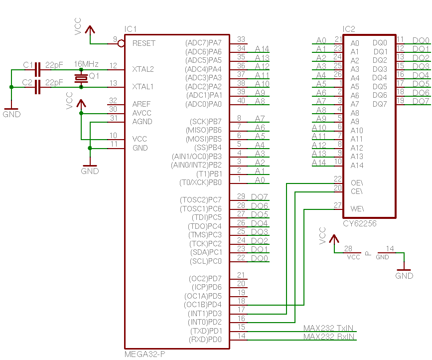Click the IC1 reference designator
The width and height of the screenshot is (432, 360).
[131, 29]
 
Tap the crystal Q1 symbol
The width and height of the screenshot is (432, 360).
[81, 78]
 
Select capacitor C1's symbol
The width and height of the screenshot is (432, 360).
[38, 69]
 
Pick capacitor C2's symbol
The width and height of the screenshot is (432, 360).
[38, 87]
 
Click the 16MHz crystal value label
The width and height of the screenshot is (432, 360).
[86, 64]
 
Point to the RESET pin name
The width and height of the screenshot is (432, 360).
[144, 43]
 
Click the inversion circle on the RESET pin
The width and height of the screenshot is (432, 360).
[121, 43]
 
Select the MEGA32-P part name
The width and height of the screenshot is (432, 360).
[145, 354]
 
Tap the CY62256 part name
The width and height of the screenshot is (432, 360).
[360, 223]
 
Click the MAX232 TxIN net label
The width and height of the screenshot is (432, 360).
[328, 328]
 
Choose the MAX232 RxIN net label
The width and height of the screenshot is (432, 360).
[329, 337]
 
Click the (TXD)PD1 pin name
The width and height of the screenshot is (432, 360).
[206, 331]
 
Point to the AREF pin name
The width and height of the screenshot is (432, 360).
[142, 104]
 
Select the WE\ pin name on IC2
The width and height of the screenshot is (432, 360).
[357, 208]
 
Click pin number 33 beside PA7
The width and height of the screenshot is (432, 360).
[241, 39]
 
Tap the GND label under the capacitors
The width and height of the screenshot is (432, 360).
[11, 114]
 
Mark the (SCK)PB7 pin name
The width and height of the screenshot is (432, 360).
[205, 122]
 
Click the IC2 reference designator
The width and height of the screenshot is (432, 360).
[349, 29]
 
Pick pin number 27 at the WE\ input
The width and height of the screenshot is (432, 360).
[338, 205]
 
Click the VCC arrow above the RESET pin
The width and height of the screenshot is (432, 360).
[90, 30]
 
